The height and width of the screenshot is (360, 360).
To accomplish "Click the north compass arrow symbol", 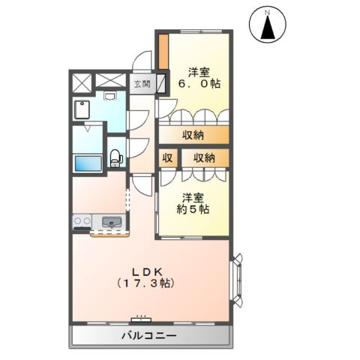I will pyautogui.click(x=268, y=29).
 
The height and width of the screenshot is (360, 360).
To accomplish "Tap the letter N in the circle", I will pyautogui.click(x=268, y=12).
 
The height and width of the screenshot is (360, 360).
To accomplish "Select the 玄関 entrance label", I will pyautogui.click(x=142, y=83).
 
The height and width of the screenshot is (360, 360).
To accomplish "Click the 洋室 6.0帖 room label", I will pyautogui.click(x=199, y=78).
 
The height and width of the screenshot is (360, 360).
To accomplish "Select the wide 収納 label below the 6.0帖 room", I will pyautogui.click(x=194, y=135).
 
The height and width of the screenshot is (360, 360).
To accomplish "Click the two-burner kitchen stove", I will pyautogui.click(x=82, y=221).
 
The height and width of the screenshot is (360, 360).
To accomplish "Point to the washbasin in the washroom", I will pyautogui.click(x=110, y=97).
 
